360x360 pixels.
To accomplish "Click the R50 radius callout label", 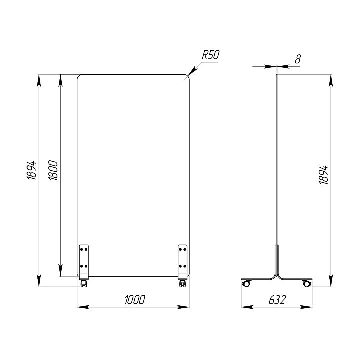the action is coord(211,55).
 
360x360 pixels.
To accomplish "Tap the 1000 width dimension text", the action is coord(135,300).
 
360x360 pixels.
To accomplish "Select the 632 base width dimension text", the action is coord(277,300).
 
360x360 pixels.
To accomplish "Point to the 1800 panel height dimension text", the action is coord(53,170).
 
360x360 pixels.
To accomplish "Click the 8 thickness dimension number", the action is coord(298,59).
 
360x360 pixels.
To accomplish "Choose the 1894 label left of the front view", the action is coord(32,170).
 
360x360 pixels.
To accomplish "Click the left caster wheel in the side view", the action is coord(246,283).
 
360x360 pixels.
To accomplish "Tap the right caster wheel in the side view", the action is coord(306,283).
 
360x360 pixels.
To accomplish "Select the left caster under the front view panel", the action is coord(83,284).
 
